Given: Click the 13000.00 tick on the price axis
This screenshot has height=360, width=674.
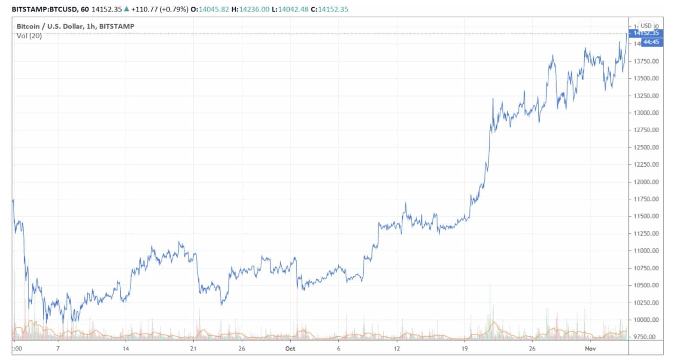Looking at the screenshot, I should point(646,113).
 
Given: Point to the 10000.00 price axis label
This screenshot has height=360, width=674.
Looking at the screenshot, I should point(646,320).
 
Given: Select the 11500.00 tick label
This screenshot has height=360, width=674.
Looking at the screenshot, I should point(646,216).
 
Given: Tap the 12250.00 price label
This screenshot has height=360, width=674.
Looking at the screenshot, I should point(646,165).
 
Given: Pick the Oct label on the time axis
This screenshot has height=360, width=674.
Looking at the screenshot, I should point(290,348).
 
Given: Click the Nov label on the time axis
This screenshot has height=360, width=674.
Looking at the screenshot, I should point(590,348).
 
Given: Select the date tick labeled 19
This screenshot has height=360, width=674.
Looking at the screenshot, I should point(464,348).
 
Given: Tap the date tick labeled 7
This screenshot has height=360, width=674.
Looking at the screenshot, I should point(58,348).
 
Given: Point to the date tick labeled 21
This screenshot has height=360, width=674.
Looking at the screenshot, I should point(193,348).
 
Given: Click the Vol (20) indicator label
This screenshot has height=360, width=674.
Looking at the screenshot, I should point(29,36).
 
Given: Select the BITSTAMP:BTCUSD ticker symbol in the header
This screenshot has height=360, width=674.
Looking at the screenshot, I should point(44,9).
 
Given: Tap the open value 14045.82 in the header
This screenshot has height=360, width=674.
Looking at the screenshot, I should point(213,9).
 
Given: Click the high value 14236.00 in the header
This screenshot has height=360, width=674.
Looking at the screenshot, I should point(254,9).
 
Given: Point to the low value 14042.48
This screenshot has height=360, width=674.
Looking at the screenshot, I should point(293,9).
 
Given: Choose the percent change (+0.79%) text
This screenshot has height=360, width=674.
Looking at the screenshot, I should point(174,9).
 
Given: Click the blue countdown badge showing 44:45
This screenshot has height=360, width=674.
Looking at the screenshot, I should point(651,42).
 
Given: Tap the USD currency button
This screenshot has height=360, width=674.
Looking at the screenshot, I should point(646,26).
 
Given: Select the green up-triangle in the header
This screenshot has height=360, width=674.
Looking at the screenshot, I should point(127,9).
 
